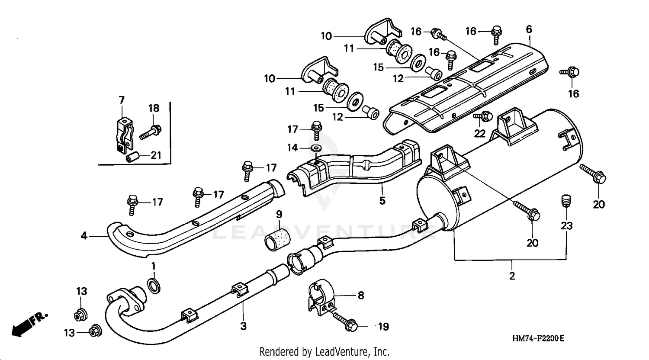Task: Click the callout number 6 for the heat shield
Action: click(529, 29)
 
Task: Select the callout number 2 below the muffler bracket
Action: click(512, 276)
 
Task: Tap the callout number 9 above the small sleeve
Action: click(279, 214)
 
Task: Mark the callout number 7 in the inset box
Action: click(121, 100)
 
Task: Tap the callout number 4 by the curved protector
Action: click(84, 236)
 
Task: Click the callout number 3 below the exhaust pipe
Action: click(243, 326)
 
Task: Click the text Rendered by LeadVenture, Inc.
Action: click(324, 351)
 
